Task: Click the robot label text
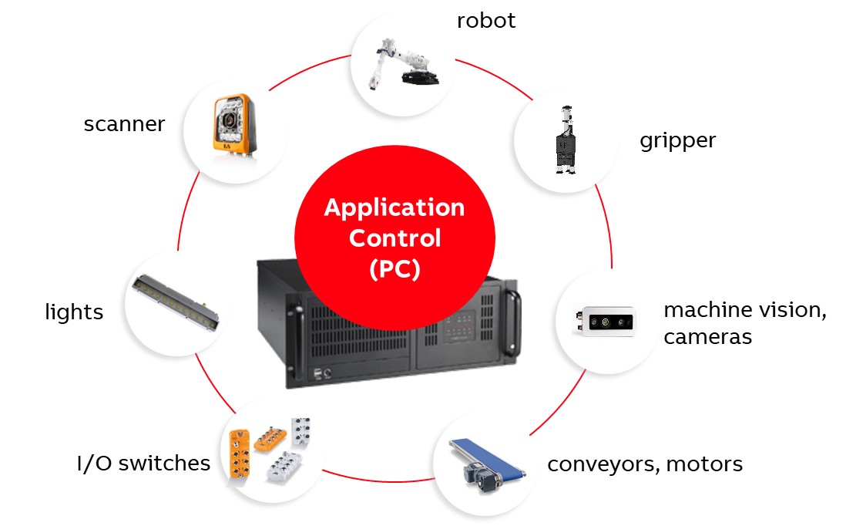[x=485, y=20]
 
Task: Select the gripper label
[x=677, y=140]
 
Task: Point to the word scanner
[x=124, y=123]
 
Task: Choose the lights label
[x=74, y=312]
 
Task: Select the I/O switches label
[x=143, y=463]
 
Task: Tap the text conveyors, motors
[x=645, y=464]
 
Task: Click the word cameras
[x=707, y=337]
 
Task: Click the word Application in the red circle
[x=394, y=207]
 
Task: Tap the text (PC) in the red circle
[x=394, y=270]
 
